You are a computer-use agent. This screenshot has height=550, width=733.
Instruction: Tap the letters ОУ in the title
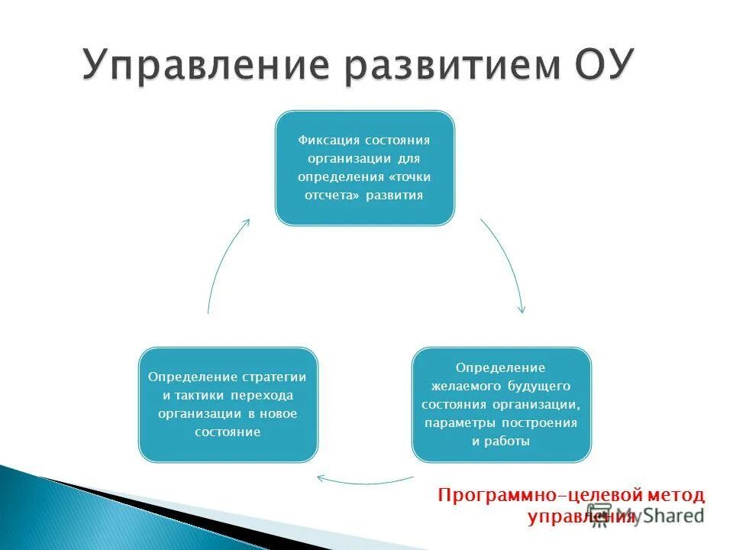point(603,65)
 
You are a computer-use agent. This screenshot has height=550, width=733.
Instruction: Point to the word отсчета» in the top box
point(332,195)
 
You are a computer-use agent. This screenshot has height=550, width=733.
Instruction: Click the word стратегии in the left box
point(274,377)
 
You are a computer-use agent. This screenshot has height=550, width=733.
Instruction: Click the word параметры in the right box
point(458,422)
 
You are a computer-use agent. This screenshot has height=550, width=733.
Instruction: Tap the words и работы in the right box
point(501,441)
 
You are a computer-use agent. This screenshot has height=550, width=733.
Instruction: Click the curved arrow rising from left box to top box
point(222,264)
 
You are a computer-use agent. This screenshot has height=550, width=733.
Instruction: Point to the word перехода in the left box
point(267,396)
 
